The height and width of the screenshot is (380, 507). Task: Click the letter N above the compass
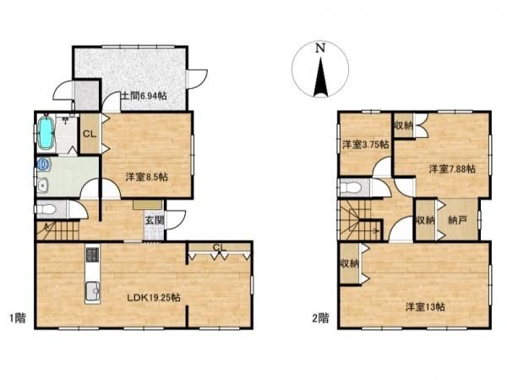pyautogui.click(x=320, y=48)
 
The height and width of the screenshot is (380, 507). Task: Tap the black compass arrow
pyautogui.click(x=320, y=77)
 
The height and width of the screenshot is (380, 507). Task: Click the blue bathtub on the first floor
pyautogui.click(x=46, y=133)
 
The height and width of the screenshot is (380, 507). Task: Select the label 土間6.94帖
pyautogui.click(x=144, y=96)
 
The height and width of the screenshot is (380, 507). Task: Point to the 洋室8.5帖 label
pyautogui.click(x=146, y=177)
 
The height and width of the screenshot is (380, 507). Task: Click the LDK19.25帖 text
pyautogui.click(x=154, y=297)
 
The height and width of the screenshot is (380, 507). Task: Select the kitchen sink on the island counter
pyautogui.click(x=93, y=290)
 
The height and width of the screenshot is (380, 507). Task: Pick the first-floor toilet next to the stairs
pyautogui.click(x=46, y=209)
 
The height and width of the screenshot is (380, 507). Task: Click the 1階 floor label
pyautogui.click(x=17, y=318)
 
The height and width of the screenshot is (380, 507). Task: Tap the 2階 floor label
pyautogui.click(x=320, y=318)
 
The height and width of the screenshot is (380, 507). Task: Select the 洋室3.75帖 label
pyautogui.click(x=365, y=145)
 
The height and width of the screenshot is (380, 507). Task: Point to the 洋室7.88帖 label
pyautogui.click(x=452, y=168)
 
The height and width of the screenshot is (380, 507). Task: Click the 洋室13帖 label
pyautogui.click(x=425, y=306)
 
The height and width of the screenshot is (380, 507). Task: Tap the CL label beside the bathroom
pyautogui.click(x=90, y=134)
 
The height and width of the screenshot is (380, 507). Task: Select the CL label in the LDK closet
pyautogui.click(x=219, y=247)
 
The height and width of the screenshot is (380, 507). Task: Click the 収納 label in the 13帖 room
pyautogui.click(x=350, y=264)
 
